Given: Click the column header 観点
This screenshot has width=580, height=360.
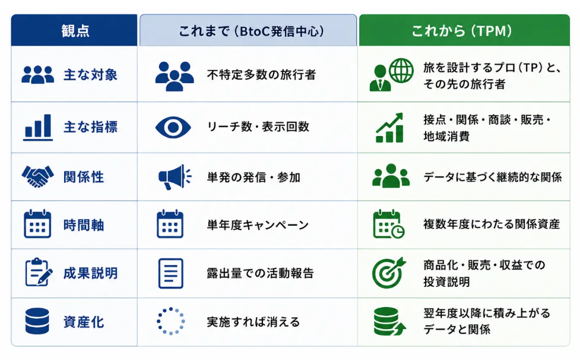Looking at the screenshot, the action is tap(75, 31).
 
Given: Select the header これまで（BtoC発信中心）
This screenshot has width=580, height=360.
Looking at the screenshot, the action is tap(252, 31).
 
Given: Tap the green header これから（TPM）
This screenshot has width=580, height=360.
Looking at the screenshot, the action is tap(462, 31).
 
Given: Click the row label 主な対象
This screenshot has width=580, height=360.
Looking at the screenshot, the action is tap(91, 75).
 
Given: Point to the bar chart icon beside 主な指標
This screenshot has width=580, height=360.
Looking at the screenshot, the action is tap(38, 127).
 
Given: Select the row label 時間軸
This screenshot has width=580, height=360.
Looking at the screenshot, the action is tap(84, 225).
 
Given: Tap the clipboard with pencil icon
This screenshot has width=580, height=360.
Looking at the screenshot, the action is tap(39, 272).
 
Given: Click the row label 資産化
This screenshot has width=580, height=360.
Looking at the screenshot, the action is tap(84, 322).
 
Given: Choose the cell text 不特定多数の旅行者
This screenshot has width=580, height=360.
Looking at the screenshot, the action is tap(262, 75).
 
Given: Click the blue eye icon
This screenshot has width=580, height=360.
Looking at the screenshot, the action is tap(173, 127).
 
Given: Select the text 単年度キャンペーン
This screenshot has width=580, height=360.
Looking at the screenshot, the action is tap(258, 225).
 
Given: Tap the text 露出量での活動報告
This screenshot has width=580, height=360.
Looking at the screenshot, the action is tap(261, 273).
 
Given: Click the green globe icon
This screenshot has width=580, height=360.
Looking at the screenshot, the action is tap(401, 70).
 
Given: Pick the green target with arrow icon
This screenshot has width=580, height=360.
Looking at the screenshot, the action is tap(389, 273).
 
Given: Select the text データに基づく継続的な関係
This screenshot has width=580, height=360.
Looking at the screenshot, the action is tap(493, 177).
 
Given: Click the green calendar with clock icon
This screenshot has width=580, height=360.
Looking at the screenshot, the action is tap(389, 224).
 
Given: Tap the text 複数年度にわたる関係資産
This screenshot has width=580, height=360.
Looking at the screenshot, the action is tap(492, 224).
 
